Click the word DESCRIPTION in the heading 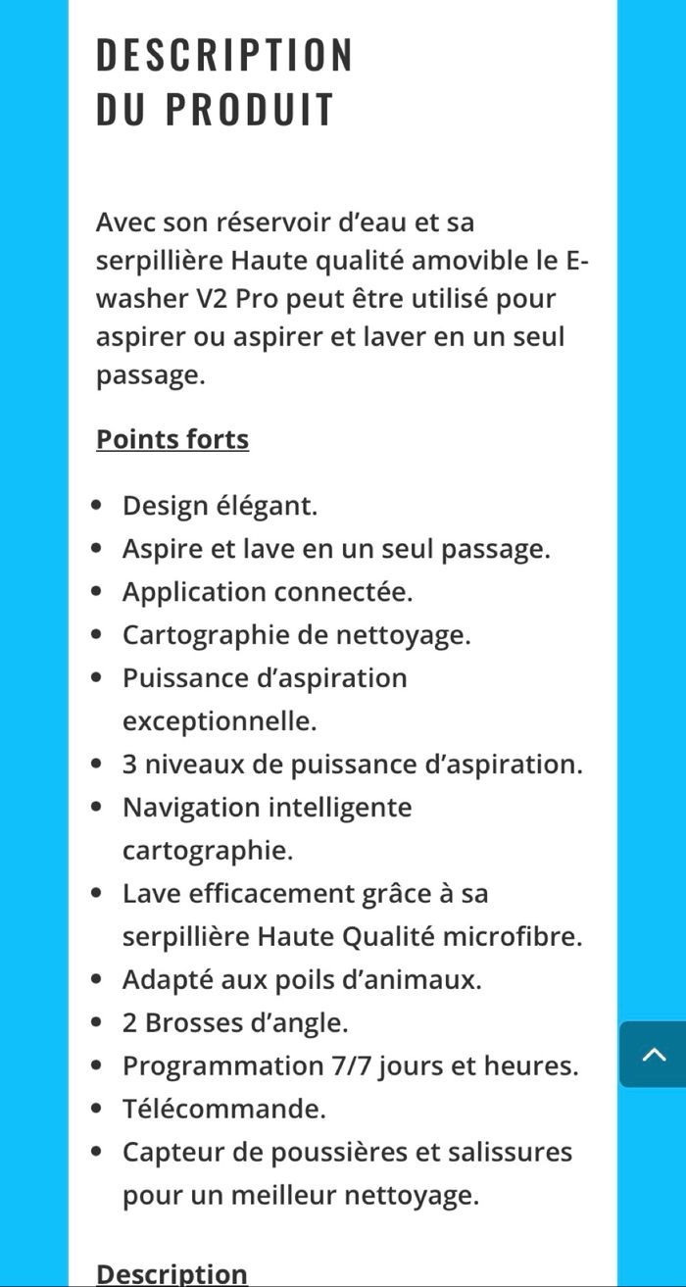point(223,55)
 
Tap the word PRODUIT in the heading point(250,110)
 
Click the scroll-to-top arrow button point(654,1055)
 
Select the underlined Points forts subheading point(172,439)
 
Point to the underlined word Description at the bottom point(172,1273)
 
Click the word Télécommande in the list point(223,1109)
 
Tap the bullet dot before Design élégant point(96,507)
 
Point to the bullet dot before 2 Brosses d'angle point(96,1023)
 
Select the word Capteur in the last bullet point(171,1152)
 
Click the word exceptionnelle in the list point(220,721)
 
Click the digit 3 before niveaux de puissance point(129,765)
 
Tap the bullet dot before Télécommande point(96,1110)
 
